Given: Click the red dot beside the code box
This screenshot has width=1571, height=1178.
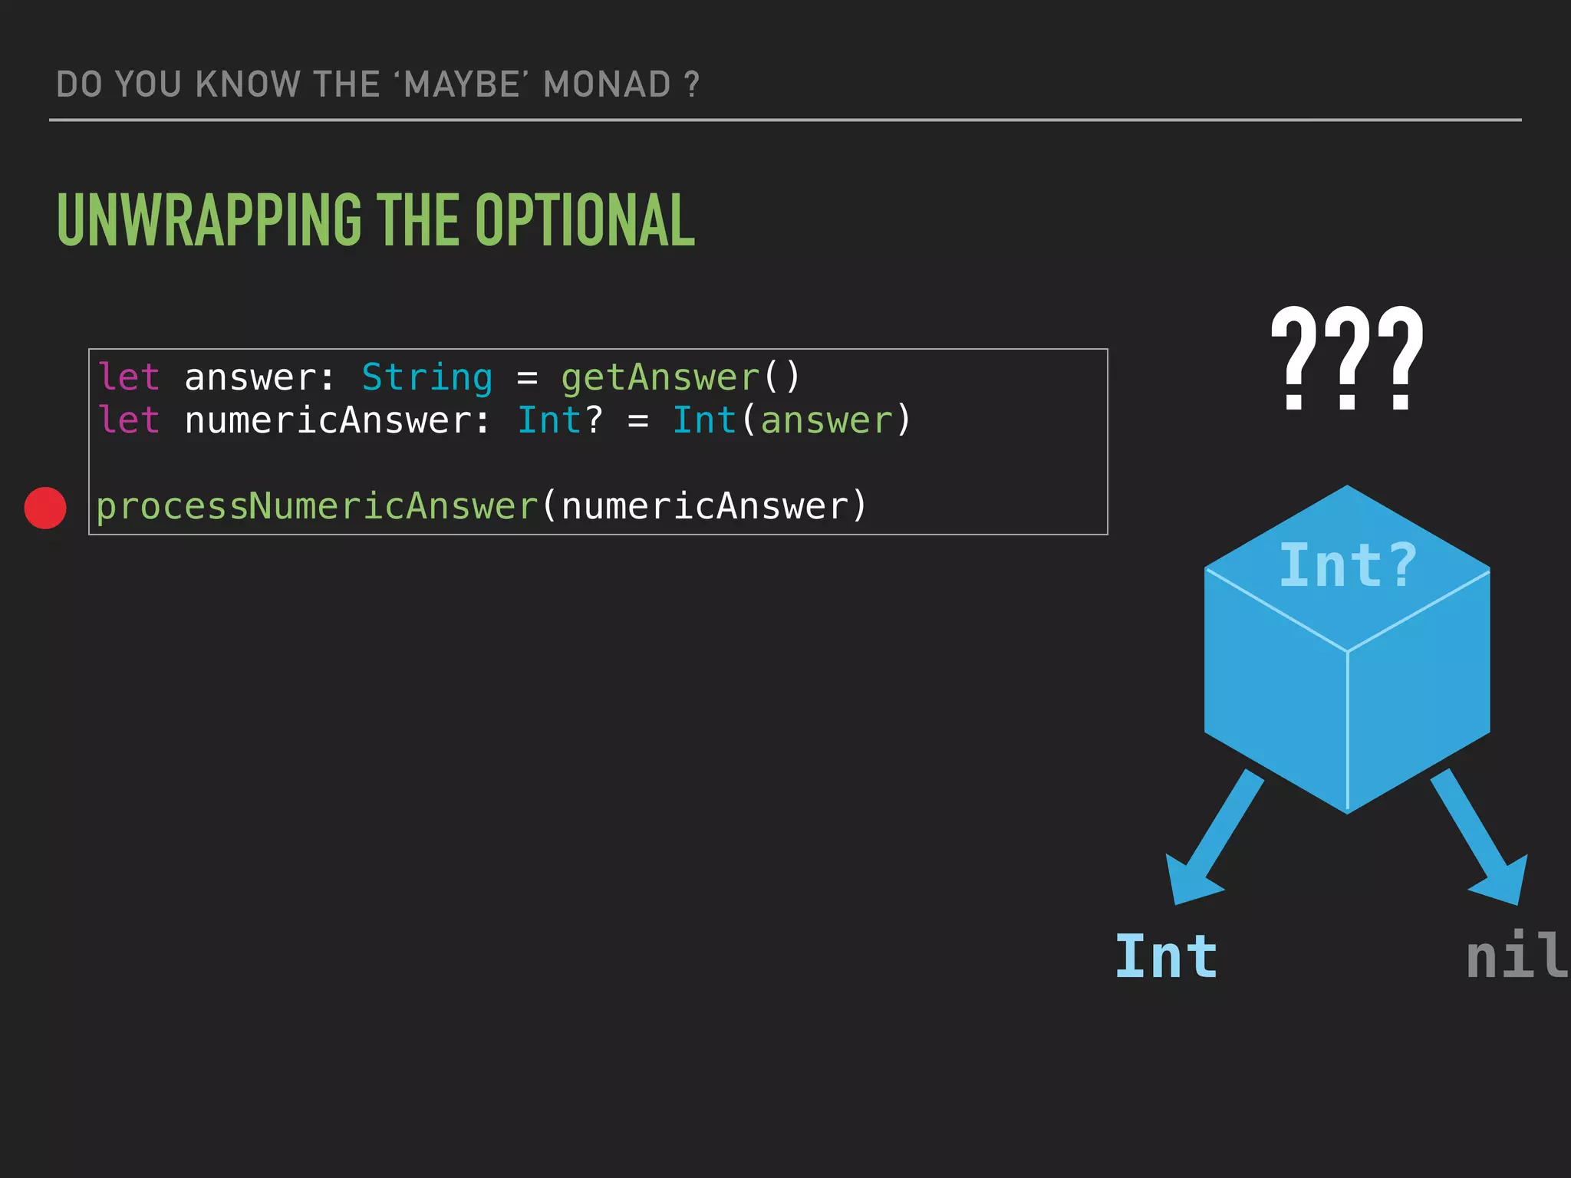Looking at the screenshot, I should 45,508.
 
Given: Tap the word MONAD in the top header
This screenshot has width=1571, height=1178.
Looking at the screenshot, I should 607,84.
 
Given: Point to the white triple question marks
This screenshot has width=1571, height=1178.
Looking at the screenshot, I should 1347,359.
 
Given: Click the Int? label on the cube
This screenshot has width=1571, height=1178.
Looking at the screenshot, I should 1347,566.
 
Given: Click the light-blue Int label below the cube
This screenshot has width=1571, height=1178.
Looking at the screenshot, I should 1166,957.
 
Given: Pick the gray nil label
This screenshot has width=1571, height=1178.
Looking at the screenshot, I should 1516,957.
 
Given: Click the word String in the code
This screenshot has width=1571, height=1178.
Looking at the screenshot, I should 427,377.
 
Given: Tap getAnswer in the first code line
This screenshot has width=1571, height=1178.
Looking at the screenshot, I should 660,377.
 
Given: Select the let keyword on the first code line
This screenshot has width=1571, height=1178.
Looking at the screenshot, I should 129,377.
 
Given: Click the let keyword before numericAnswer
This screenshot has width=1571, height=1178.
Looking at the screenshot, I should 129,420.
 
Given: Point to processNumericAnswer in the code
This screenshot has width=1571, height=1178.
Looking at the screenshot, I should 317,506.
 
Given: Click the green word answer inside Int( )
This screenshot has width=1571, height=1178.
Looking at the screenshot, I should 826,420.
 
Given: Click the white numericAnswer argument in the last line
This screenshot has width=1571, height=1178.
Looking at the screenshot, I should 705,506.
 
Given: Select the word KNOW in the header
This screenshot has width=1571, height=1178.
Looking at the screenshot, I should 248,84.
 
